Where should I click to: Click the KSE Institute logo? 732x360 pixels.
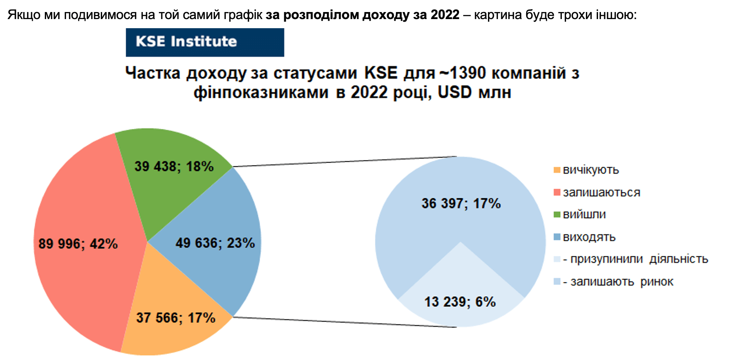point(205,42)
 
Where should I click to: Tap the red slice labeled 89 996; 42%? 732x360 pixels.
point(83,245)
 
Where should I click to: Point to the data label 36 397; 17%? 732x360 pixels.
point(461,204)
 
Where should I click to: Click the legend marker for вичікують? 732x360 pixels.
point(557,170)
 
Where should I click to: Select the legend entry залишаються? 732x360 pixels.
point(597,192)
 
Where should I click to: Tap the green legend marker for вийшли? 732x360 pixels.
point(557,214)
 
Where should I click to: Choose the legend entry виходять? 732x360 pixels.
point(585,237)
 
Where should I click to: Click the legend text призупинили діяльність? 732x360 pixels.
point(639,259)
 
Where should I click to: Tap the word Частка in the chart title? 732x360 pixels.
point(153,73)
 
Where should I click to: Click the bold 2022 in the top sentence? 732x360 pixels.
point(445,15)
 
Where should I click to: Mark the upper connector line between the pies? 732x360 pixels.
point(345,162)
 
